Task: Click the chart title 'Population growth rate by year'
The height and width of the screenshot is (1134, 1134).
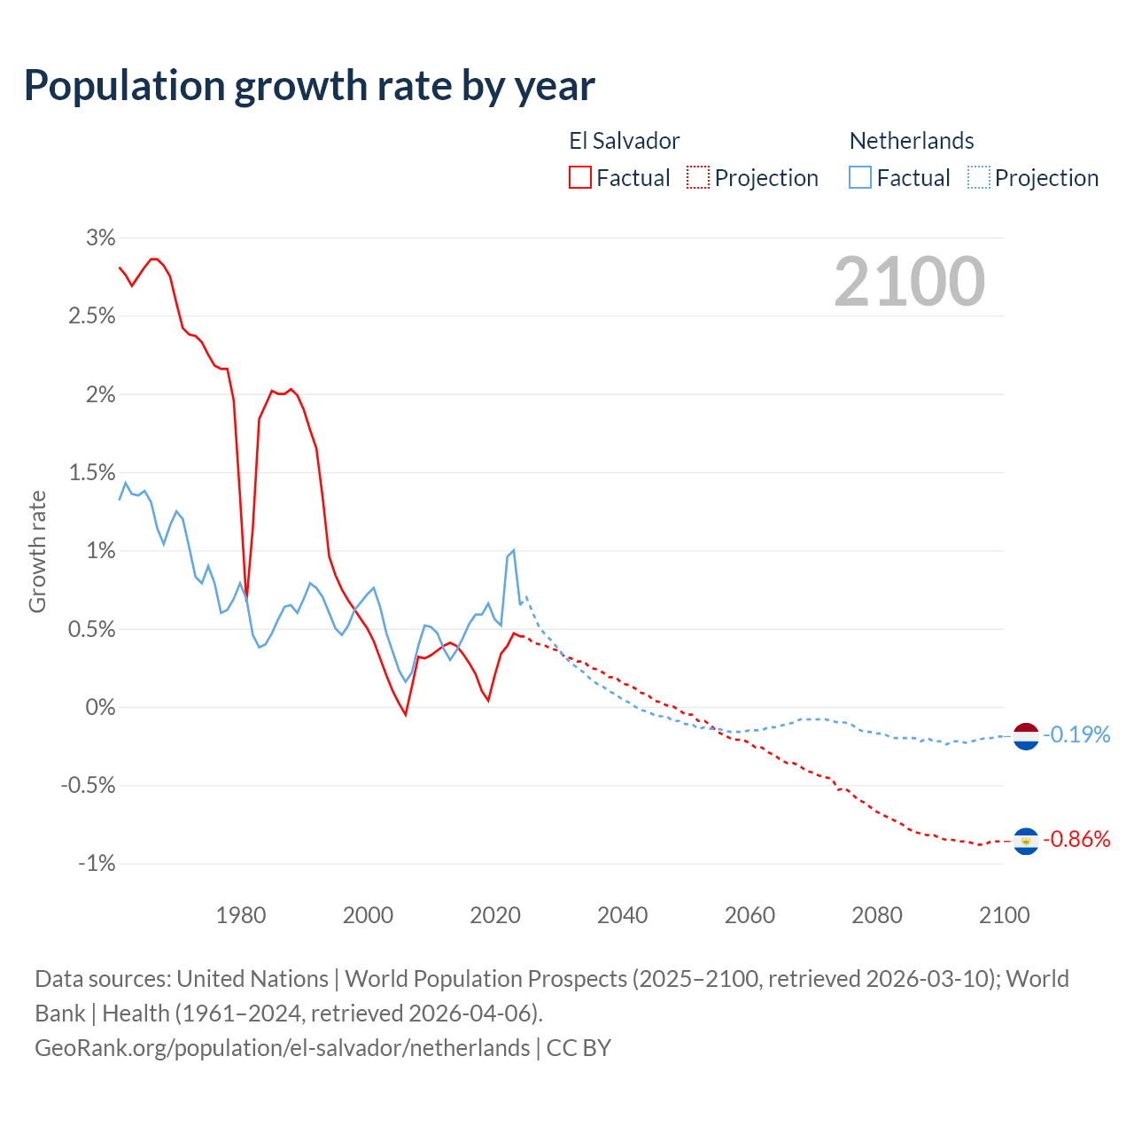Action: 309,86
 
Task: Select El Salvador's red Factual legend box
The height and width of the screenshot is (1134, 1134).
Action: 580,177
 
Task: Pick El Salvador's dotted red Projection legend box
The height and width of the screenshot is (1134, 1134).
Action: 698,177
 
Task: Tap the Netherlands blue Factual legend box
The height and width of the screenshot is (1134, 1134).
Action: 860,177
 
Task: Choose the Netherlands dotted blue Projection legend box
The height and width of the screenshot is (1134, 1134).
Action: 979,177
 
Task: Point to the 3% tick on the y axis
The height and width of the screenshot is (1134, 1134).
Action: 100,237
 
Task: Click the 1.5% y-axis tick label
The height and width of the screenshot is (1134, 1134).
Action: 92,472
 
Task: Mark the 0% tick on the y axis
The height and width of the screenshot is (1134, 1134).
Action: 100,707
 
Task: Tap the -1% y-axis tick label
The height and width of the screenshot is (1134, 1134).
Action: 97,863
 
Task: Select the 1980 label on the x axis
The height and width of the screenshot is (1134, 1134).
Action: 241,915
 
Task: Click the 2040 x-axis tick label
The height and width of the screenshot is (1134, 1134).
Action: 623,915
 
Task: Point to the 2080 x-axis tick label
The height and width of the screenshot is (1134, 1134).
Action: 877,915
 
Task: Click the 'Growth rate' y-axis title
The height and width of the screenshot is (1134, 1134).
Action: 37,551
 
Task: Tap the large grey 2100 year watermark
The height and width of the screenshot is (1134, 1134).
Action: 909,282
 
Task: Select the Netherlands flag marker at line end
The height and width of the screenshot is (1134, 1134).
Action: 1026,735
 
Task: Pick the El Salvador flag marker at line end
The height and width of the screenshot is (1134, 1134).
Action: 1026,841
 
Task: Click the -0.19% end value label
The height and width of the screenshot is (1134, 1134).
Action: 1076,734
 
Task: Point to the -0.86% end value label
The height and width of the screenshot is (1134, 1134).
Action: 1076,839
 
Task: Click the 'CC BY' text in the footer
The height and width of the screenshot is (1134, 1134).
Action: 579,1048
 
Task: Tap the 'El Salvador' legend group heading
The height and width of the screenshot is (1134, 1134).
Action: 625,141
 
